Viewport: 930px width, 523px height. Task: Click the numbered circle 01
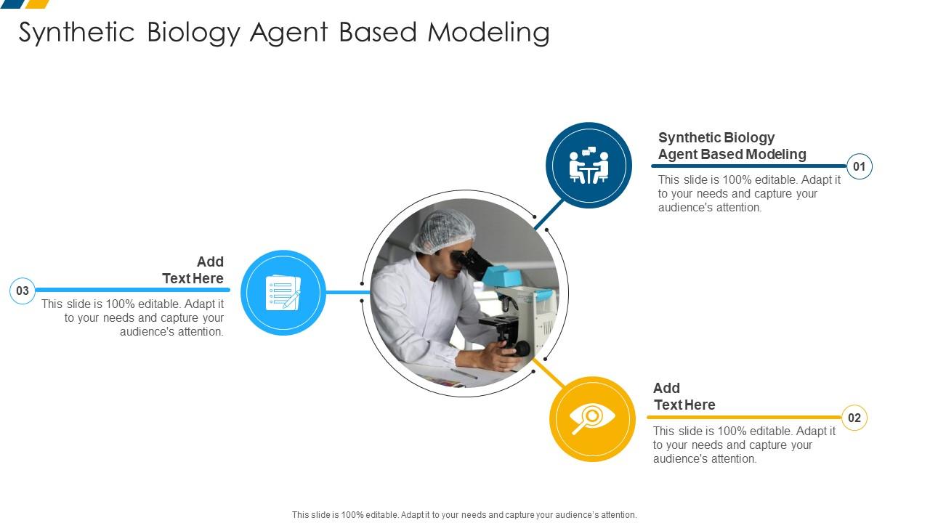859,167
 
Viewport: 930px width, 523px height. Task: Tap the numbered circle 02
854,418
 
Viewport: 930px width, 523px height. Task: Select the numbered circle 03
23,291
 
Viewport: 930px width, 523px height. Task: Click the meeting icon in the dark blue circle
589,166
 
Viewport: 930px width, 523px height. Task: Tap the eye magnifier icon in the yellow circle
592,418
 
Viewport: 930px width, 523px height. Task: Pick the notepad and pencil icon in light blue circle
283,293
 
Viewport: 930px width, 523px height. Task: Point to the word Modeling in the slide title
488,33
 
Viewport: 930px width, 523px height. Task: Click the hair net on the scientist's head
443,230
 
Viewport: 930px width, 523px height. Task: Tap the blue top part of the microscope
499,277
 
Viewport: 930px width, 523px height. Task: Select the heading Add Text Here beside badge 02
684,397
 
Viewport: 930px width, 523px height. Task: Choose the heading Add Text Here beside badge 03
193,270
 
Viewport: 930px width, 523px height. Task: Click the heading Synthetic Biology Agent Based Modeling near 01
732,146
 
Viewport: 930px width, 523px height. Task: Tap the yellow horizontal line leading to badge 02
741,418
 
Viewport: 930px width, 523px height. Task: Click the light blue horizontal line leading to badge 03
131,290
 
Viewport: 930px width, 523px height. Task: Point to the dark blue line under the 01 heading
748,166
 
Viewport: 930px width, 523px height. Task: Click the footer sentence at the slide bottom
464,515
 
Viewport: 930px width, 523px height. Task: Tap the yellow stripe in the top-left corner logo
37,4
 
